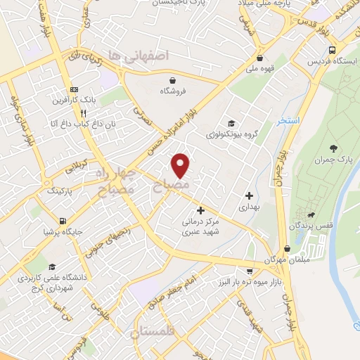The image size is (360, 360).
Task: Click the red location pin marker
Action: pos(181,165)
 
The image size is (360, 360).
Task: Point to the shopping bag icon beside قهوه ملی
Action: pos(261,58)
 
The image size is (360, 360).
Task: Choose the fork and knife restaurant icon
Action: pos(83,112)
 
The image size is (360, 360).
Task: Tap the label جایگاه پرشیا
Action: pos(58,230)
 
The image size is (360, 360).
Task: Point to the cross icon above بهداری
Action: pos(248,195)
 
